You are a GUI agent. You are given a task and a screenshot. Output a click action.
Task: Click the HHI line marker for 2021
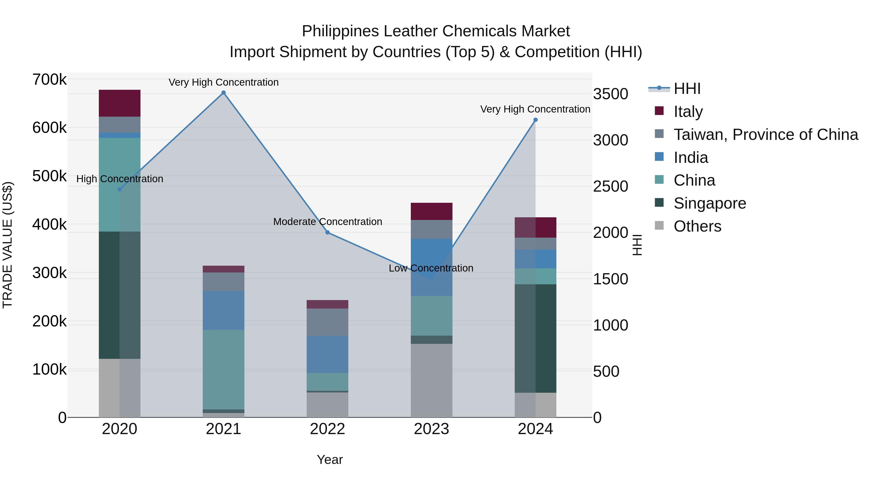[x=223, y=93]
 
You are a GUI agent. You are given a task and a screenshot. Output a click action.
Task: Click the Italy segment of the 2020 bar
[x=119, y=103]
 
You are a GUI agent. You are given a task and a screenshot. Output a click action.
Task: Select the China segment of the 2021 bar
[x=223, y=369]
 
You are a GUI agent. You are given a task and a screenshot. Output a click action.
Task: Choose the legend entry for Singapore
[x=709, y=203]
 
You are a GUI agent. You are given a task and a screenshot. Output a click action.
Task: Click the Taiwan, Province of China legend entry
[x=766, y=135]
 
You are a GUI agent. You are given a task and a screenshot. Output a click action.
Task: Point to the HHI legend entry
[x=687, y=89]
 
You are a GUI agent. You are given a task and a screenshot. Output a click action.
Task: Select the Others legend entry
[x=697, y=226]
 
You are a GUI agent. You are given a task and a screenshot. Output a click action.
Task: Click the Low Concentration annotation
[x=431, y=268]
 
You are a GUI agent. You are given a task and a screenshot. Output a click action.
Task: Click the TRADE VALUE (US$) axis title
[x=8, y=245]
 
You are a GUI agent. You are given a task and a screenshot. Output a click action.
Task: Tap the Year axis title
[x=330, y=460]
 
